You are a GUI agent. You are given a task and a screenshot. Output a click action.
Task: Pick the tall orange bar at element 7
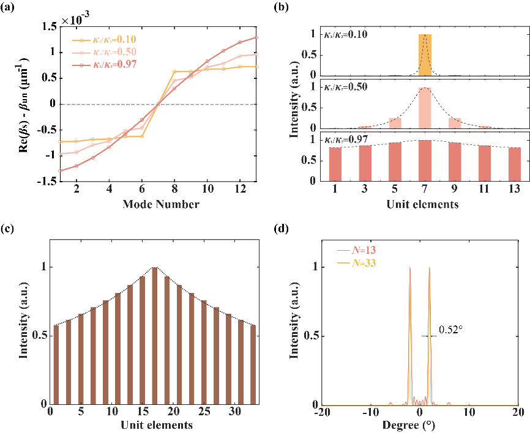click(425, 55)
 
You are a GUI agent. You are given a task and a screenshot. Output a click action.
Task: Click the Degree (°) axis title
click(420, 425)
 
